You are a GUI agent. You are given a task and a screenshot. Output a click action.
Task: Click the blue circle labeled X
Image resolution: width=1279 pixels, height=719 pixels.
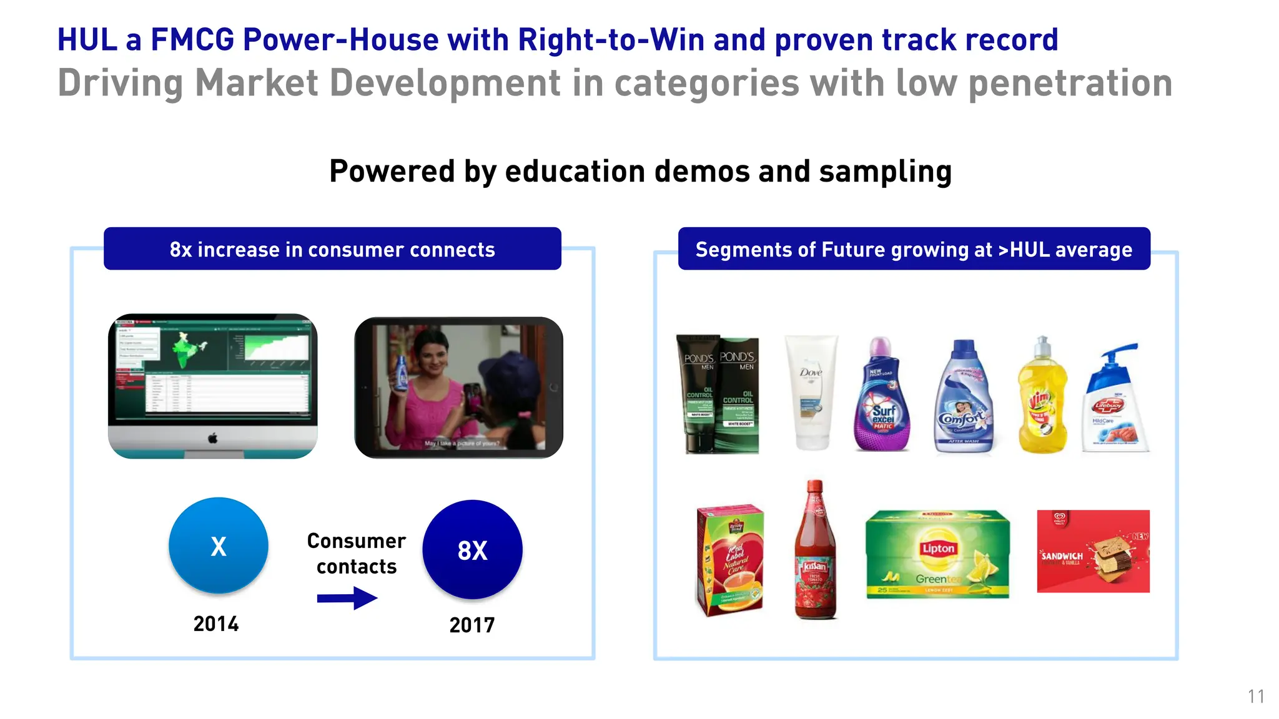click(x=218, y=545)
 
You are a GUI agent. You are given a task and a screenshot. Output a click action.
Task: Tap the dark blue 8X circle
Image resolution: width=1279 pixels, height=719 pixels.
click(x=472, y=550)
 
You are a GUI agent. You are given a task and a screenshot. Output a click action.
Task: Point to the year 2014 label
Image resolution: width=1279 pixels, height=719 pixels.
click(x=216, y=624)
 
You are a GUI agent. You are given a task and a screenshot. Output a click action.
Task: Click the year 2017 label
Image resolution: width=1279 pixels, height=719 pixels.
click(x=472, y=625)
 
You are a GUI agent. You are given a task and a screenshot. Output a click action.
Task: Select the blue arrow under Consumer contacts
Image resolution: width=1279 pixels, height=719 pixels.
click(x=347, y=598)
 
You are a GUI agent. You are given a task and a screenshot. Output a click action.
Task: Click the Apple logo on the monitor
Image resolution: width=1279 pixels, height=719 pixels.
click(x=213, y=439)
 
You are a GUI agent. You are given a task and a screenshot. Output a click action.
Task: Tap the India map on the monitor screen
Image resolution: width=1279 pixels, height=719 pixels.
click(x=185, y=350)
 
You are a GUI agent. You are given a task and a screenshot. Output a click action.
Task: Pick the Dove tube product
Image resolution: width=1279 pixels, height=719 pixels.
click(x=811, y=392)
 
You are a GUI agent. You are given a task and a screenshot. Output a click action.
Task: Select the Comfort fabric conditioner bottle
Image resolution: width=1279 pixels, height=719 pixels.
click(x=963, y=397)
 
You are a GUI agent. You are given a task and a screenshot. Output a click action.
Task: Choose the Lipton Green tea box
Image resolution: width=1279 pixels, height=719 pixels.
click(x=937, y=554)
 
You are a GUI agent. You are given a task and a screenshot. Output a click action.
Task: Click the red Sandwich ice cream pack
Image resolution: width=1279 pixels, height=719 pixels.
click(x=1093, y=552)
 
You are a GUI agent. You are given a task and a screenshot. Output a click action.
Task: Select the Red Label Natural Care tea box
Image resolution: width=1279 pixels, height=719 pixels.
click(x=730, y=560)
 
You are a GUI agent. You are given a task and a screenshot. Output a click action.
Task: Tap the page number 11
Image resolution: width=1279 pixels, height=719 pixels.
click(x=1256, y=697)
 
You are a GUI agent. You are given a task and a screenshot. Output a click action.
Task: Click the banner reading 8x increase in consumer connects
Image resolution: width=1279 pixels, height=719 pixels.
click(x=332, y=249)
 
